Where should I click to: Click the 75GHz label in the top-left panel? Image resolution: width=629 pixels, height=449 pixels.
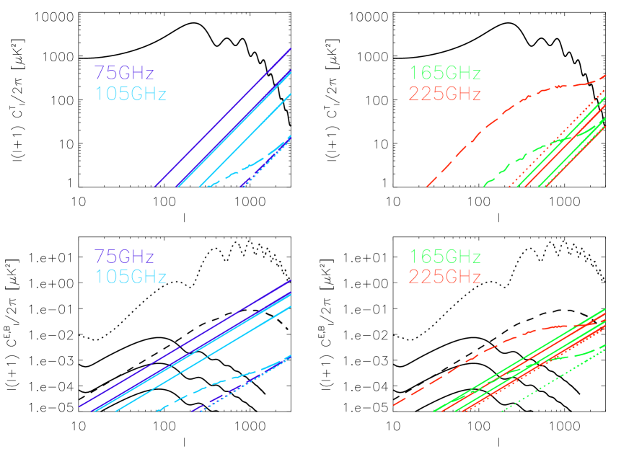(x=123, y=74)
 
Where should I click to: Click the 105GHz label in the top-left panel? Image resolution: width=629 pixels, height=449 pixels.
(x=130, y=94)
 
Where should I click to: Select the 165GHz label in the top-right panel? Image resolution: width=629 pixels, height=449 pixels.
(x=444, y=74)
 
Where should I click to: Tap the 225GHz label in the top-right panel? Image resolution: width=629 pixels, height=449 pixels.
(x=444, y=94)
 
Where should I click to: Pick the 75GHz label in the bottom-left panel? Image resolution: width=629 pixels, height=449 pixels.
(x=123, y=257)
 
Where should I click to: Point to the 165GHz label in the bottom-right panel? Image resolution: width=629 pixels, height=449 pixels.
(x=444, y=257)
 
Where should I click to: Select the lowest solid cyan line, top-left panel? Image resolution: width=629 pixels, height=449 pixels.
(x=245, y=141)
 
